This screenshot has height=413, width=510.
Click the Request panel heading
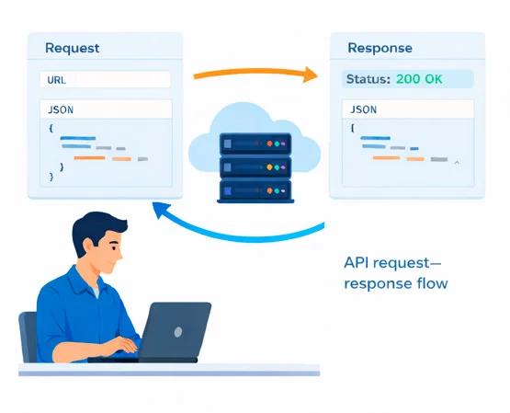(x=72, y=48)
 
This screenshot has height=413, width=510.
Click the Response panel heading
(x=380, y=48)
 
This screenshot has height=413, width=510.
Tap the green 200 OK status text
(x=419, y=79)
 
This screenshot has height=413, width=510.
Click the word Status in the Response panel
(x=367, y=79)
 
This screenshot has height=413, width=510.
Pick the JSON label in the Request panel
(x=62, y=109)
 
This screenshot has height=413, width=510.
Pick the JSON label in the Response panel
(x=365, y=109)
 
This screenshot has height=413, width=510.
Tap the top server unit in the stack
(x=255, y=144)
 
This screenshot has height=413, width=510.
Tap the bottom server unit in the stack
(x=255, y=191)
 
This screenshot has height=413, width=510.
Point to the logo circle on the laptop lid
(x=177, y=331)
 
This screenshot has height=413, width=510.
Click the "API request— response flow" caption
(x=395, y=273)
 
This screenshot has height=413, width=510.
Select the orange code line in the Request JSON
(x=89, y=158)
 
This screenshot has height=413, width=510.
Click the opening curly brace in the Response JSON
(x=354, y=128)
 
